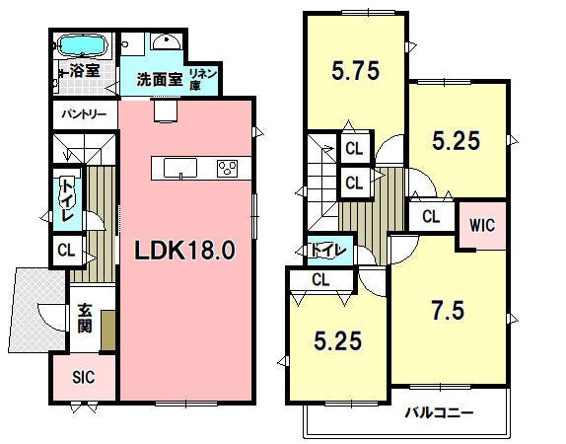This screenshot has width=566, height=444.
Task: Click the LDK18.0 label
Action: click(x=184, y=251)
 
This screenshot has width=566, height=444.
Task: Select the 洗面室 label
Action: click(x=159, y=79)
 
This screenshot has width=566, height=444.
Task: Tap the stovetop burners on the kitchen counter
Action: click(x=226, y=168)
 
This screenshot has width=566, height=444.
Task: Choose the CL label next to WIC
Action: click(x=431, y=216)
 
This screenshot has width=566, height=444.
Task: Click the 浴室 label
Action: click(x=83, y=71)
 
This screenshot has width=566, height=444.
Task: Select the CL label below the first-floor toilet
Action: click(x=65, y=250)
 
